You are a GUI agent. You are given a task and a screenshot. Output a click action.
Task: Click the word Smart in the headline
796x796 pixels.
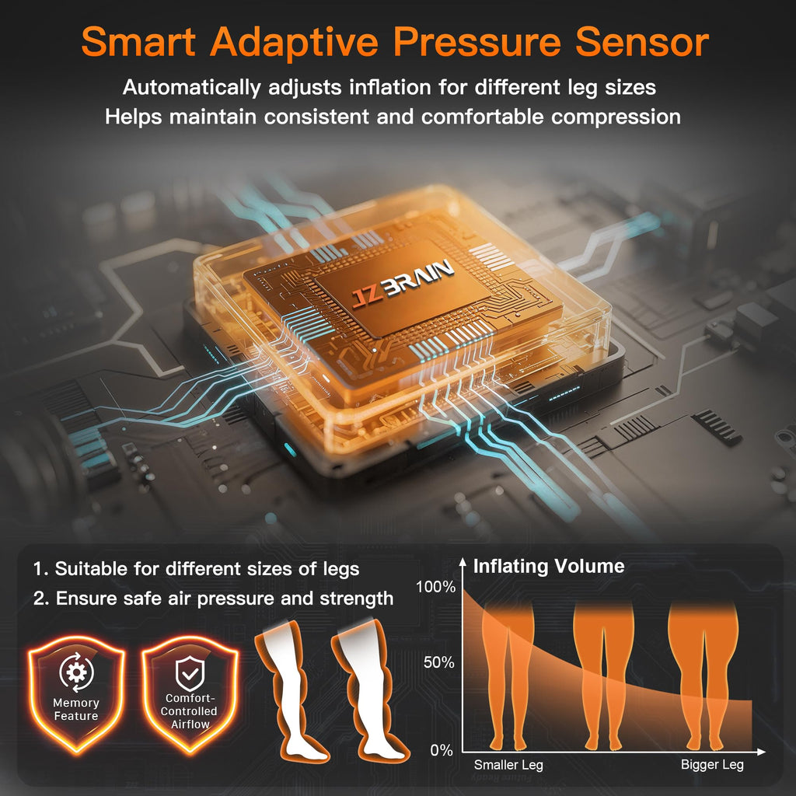138,42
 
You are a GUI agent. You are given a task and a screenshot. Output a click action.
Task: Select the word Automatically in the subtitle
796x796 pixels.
191,88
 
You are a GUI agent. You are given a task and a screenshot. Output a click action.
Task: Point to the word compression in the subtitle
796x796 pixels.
616,118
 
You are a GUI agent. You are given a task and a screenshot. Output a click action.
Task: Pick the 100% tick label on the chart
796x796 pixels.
435,587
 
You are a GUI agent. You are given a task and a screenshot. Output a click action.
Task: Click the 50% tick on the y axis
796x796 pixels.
439,662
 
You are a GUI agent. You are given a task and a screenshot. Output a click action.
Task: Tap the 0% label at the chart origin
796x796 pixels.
442,750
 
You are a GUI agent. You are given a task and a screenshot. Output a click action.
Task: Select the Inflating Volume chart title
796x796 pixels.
549,566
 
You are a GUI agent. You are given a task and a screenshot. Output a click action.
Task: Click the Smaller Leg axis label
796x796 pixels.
508,765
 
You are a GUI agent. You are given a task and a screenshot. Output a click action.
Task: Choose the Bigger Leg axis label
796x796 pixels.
712,765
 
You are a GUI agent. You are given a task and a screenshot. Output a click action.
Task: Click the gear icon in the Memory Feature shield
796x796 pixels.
77,672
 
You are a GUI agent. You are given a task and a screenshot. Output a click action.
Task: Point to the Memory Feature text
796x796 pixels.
76,710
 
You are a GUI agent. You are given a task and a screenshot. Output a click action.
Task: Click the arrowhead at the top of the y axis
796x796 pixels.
463,561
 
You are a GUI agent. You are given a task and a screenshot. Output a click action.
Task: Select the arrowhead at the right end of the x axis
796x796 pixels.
761,752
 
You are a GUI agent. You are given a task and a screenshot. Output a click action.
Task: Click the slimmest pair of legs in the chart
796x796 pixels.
508,676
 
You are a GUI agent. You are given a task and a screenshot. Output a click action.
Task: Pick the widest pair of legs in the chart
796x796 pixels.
703,676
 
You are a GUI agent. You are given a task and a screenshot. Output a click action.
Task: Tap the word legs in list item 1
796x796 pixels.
341,570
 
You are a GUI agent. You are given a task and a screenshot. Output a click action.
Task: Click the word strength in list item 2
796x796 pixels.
356,599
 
